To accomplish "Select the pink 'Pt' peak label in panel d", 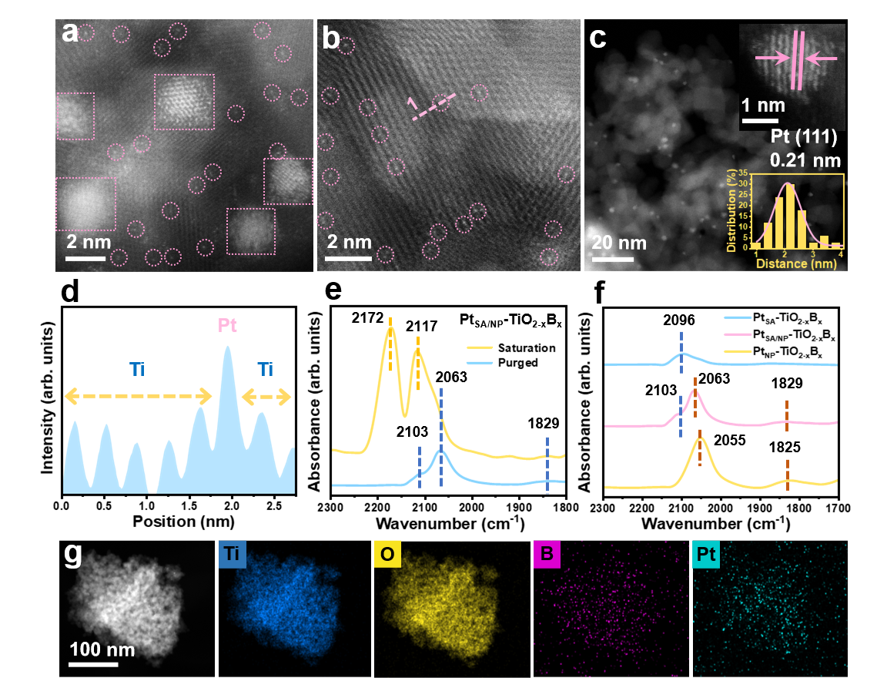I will (227, 326).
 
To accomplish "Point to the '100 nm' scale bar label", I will (102, 649).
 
